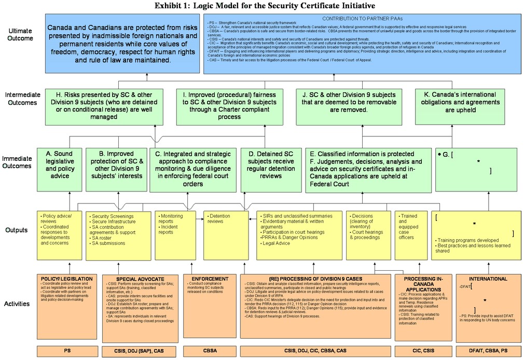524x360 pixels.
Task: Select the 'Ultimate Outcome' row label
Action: [x=21, y=35]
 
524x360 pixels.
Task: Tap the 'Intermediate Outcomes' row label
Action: [x=21, y=99]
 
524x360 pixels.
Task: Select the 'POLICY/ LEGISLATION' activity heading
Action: [x=59, y=279]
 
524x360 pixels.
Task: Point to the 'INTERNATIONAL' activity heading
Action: [x=488, y=279]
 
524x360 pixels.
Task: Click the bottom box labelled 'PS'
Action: [x=67, y=351]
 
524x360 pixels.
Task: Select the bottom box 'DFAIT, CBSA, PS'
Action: [x=488, y=351]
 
